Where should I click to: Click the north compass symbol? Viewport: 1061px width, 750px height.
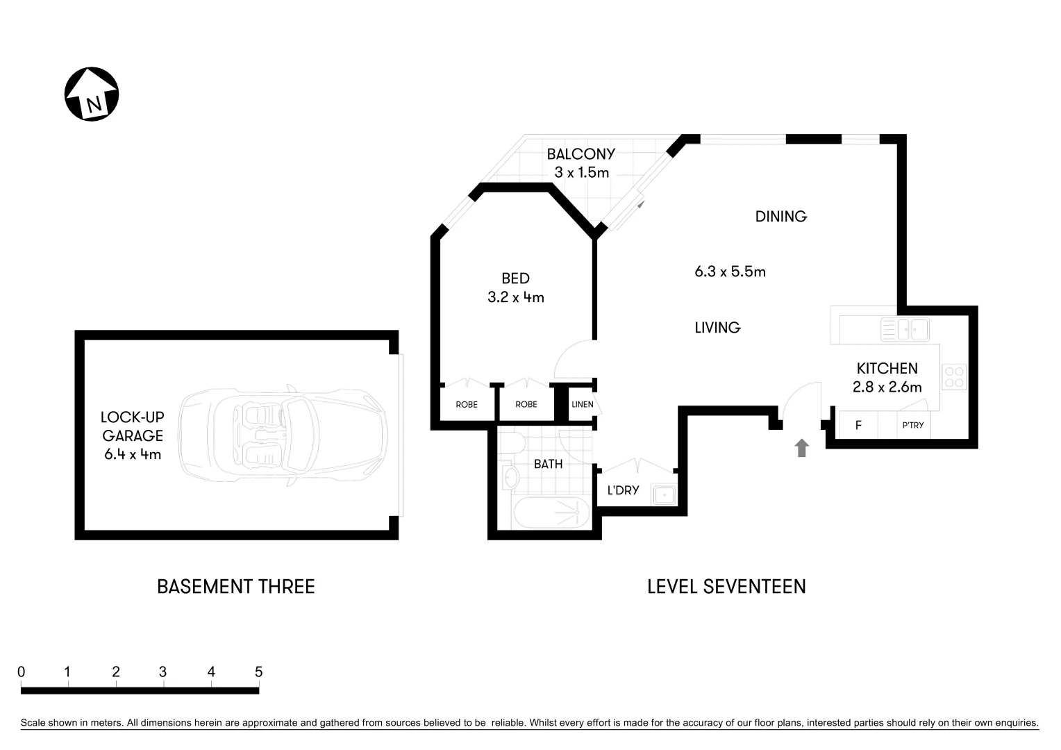[92, 94]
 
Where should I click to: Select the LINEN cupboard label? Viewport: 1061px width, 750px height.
[582, 404]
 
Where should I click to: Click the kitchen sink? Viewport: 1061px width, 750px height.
[904, 329]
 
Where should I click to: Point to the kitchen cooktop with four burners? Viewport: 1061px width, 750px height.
[953, 377]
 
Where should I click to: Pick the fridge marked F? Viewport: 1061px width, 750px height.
[858, 425]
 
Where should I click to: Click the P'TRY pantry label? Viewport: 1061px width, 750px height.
[912, 425]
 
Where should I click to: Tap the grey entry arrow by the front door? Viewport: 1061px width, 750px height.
[801, 448]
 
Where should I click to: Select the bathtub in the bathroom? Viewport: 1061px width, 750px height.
[551, 514]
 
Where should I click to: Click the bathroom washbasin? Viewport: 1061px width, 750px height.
[511, 477]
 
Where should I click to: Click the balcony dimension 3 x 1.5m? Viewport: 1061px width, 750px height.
[581, 172]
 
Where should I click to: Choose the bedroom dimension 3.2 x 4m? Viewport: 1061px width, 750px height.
[515, 298]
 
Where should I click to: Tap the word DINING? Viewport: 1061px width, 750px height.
[780, 217]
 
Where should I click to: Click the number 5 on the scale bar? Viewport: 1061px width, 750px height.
[258, 672]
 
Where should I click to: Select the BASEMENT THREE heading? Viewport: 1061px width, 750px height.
[235, 587]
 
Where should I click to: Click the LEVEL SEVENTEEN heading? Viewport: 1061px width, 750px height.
[726, 587]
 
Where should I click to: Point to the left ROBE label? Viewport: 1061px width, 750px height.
[466, 404]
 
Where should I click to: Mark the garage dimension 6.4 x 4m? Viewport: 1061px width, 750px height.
[132, 455]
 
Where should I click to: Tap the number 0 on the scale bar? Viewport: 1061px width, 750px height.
[22, 672]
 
